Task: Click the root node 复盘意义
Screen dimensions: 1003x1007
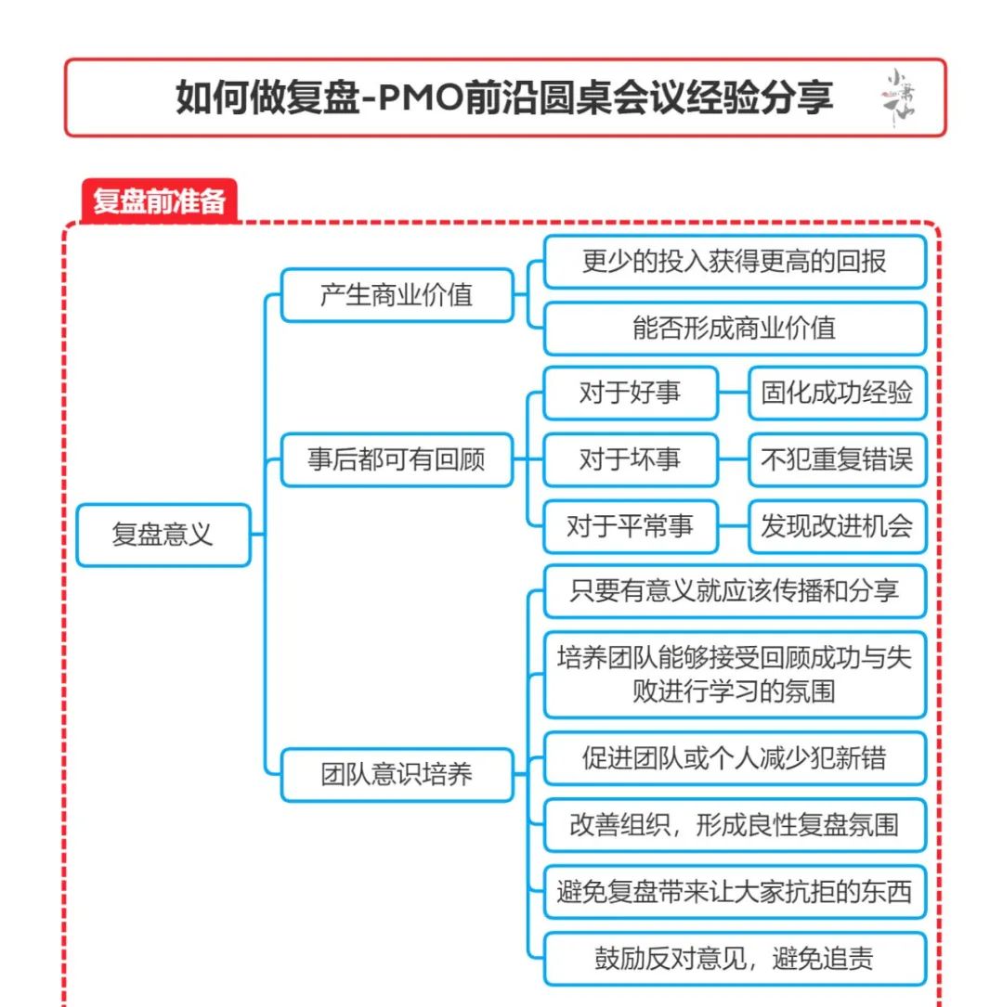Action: click(x=163, y=535)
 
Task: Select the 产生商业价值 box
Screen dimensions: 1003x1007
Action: click(x=397, y=295)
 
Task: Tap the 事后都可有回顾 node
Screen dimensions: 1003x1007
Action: click(x=397, y=459)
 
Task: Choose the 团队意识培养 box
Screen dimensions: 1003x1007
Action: click(x=397, y=774)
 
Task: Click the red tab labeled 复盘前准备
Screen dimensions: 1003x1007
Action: click(x=159, y=201)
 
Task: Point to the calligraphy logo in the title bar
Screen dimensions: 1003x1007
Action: click(x=898, y=97)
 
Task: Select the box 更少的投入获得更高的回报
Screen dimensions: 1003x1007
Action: click(x=735, y=262)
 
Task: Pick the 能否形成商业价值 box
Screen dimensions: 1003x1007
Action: click(x=735, y=328)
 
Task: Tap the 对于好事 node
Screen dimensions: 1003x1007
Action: click(x=630, y=393)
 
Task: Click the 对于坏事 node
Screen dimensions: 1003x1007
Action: click(x=630, y=459)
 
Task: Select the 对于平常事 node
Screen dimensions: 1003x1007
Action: click(x=630, y=526)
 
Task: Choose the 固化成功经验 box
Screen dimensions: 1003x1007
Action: click(x=837, y=393)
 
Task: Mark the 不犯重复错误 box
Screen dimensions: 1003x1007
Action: click(x=837, y=459)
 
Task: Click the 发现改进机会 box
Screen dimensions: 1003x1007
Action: click(x=837, y=526)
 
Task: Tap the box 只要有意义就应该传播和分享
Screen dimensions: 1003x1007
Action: click(x=735, y=591)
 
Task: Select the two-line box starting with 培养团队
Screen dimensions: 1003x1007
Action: click(x=735, y=674)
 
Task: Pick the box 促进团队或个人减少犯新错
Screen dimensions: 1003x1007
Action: click(x=735, y=758)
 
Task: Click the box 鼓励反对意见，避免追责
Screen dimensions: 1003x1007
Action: click(x=735, y=959)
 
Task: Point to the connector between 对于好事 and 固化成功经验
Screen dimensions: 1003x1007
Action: click(x=734, y=393)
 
